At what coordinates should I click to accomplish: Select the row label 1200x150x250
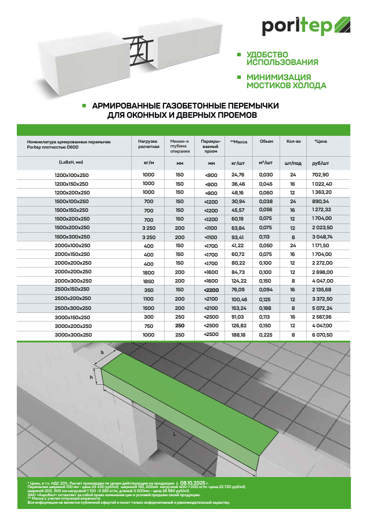pyautogui.click(x=71, y=183)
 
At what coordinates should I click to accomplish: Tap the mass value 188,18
pyautogui.click(x=238, y=335)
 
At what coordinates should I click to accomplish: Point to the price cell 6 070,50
pyautogui.click(x=324, y=335)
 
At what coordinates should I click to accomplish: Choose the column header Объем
pyautogui.click(x=266, y=142)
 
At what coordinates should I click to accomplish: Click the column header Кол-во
pyautogui.click(x=293, y=142)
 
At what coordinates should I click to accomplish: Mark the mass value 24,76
pyautogui.click(x=238, y=175)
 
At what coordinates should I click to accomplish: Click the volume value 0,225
pyautogui.click(x=266, y=335)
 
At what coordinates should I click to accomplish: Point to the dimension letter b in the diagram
pyautogui.click(x=102, y=352)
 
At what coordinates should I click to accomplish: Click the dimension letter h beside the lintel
pyautogui.click(x=92, y=377)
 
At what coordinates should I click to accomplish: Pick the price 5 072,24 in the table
pyautogui.click(x=324, y=308)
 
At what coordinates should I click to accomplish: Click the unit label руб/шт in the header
pyautogui.click(x=320, y=164)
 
